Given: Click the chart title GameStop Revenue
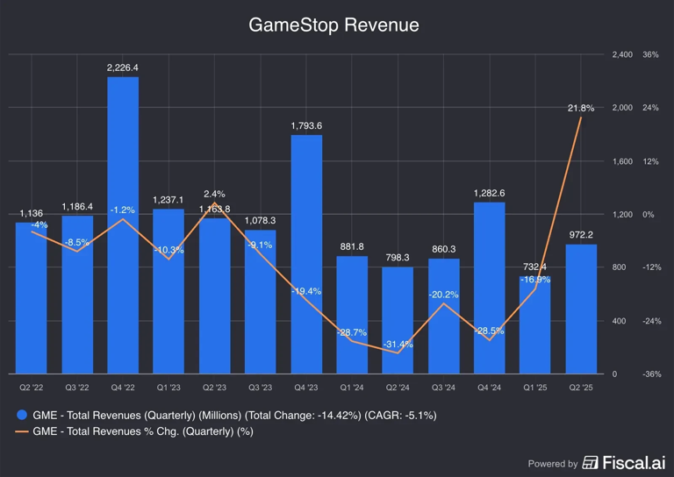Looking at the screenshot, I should point(333,25).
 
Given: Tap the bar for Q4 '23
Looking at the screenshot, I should point(306,254).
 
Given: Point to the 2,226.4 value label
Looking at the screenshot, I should point(123,68).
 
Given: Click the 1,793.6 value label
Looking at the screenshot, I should point(306,125).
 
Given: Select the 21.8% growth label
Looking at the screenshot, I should point(580,108).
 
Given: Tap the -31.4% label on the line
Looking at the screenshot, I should point(398,344).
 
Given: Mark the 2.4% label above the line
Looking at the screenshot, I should point(214,194).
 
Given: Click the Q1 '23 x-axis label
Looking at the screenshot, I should point(168,387).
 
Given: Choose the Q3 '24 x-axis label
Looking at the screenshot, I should point(443,387).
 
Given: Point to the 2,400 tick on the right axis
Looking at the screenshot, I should point(621,54).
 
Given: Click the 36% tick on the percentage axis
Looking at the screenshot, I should point(650,54).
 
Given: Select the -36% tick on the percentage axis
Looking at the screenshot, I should point(650,374).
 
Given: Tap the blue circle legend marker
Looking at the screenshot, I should point(21,415).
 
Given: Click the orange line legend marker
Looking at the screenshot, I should point(21,431).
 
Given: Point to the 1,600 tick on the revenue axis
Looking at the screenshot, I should point(621,161).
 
